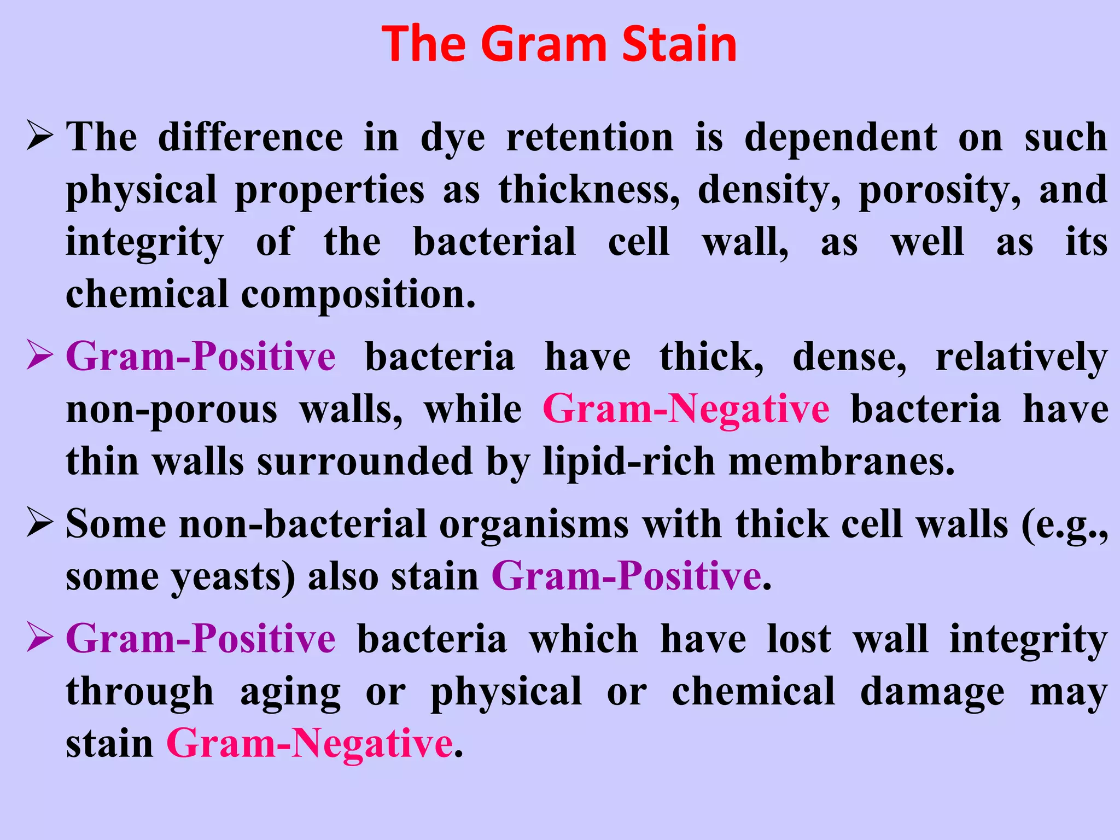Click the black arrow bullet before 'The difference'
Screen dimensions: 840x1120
coord(40,137)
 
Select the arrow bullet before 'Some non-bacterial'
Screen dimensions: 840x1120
coord(40,524)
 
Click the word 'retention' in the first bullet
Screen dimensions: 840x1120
coord(590,138)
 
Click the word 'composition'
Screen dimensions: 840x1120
coord(358,295)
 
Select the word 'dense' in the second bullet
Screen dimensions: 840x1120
coord(849,358)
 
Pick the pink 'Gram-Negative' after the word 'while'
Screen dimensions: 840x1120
coord(686,410)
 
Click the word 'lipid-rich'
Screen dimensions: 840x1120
coord(629,462)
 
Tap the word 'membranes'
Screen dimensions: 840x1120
coord(842,462)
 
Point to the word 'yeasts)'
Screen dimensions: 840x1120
coord(234,577)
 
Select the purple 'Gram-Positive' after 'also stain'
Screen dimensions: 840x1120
coord(627,576)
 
